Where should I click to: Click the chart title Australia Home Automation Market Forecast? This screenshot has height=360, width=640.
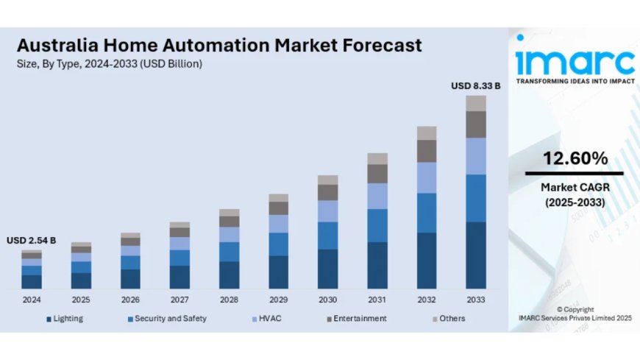tap(218, 45)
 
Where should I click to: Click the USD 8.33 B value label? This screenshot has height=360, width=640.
tap(475, 86)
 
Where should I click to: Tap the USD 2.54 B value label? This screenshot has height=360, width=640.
tap(32, 241)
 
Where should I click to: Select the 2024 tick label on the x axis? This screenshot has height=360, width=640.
tap(32, 300)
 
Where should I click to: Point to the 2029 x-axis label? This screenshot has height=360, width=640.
tap(278, 300)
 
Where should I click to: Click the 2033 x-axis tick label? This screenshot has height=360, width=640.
tap(475, 300)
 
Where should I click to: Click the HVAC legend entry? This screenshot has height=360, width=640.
tap(269, 318)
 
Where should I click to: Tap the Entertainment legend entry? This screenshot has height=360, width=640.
tap(359, 318)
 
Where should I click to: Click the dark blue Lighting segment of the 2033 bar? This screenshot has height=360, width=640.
tap(475, 255)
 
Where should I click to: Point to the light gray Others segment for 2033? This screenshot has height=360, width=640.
tap(475, 103)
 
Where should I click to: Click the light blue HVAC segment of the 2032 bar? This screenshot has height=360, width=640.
tap(427, 177)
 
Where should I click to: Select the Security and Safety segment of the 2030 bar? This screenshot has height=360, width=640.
tap(327, 236)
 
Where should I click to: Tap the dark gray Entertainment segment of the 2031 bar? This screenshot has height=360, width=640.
tap(377, 174)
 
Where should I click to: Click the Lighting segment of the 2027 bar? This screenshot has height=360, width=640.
tap(179, 277)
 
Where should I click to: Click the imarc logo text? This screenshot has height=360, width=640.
tap(575, 59)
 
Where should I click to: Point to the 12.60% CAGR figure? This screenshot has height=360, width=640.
tap(575, 158)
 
